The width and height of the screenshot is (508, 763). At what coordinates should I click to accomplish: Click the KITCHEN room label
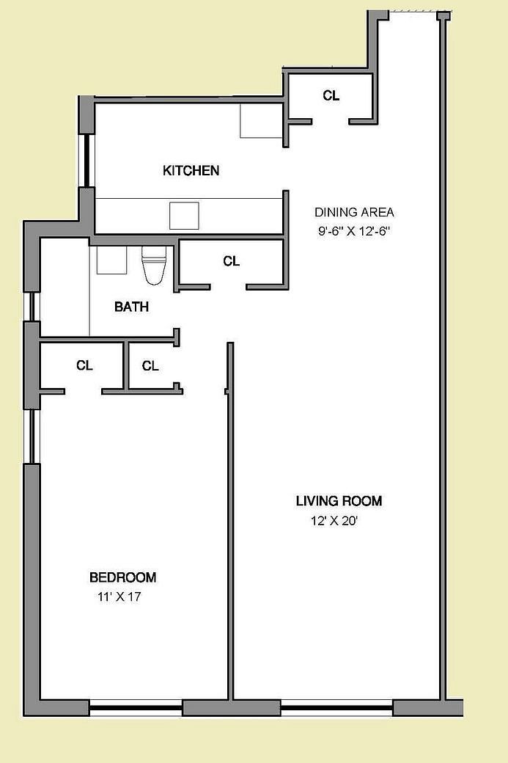click(x=191, y=171)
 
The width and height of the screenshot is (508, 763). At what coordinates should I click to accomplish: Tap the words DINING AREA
click(x=354, y=213)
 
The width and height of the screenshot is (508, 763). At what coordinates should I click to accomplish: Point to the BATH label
click(x=131, y=307)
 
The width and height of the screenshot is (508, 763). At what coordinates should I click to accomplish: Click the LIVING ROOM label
click(x=339, y=501)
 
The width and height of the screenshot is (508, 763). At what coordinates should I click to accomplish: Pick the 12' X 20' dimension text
click(x=334, y=522)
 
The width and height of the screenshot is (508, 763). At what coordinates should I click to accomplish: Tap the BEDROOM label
click(x=122, y=577)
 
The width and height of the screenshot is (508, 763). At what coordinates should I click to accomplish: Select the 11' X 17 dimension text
click(x=118, y=597)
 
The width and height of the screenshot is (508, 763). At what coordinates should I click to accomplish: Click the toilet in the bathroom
click(x=154, y=265)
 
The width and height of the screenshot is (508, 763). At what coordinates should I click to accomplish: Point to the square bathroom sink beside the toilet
click(x=112, y=260)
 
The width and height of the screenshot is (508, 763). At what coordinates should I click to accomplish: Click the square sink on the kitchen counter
click(x=184, y=216)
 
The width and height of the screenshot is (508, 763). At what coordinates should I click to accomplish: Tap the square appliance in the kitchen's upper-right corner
click(x=261, y=120)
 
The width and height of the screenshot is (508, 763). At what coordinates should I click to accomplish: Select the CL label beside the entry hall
click(x=331, y=95)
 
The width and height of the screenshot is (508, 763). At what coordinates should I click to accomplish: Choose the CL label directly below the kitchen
click(x=231, y=261)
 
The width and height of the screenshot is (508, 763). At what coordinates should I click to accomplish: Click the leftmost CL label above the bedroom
click(x=84, y=365)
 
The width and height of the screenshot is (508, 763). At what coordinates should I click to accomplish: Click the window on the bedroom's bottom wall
click(x=136, y=708)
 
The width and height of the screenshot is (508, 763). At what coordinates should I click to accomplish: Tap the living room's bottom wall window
click(x=336, y=708)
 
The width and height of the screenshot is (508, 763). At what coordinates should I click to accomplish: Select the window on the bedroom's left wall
click(x=31, y=436)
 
